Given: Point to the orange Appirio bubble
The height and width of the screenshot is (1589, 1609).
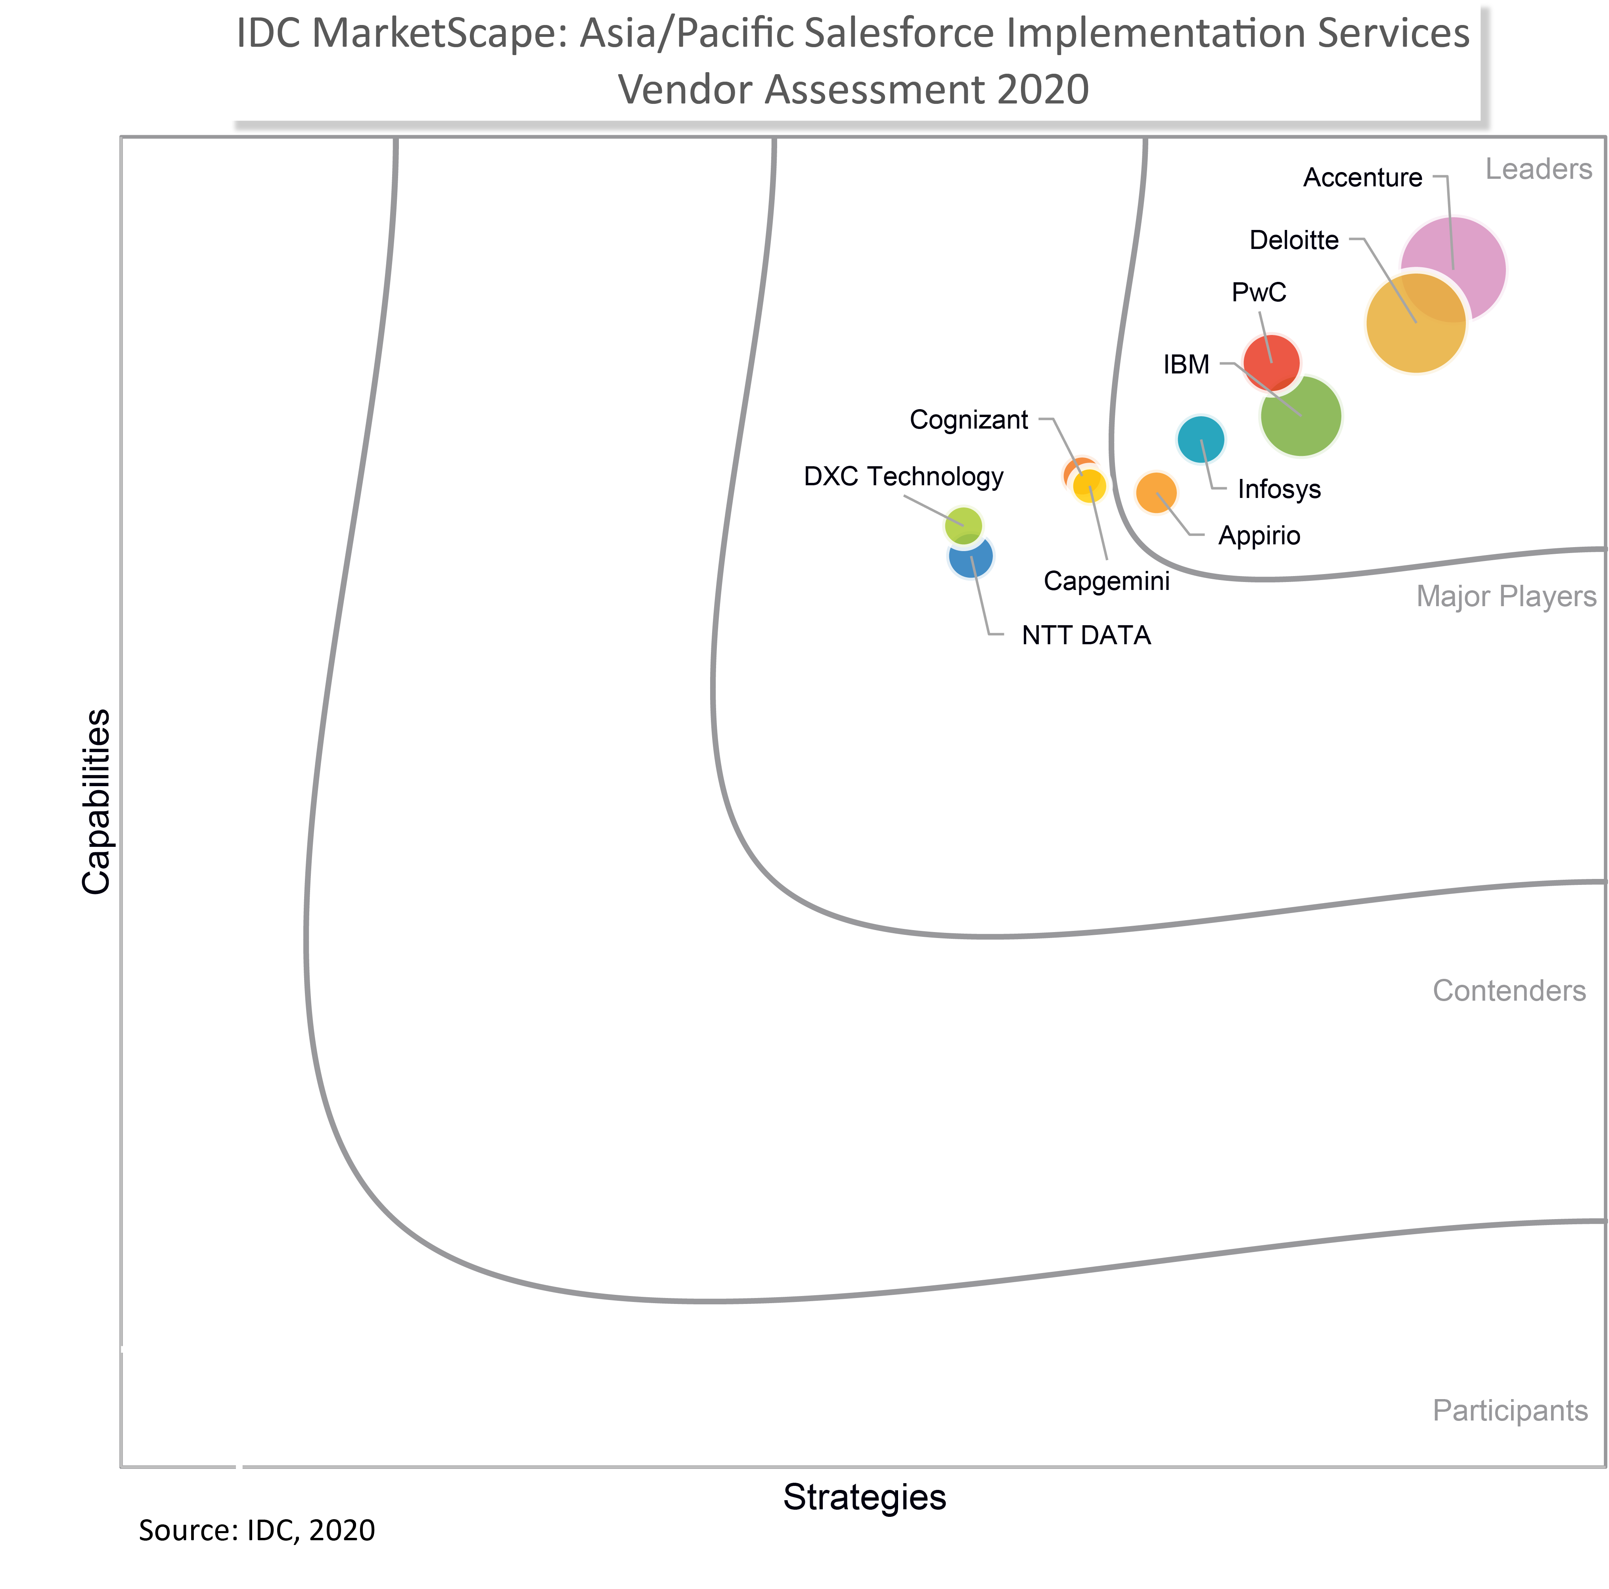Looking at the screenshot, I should coord(1156,492).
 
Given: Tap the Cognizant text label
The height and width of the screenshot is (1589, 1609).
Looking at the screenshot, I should coord(969,420).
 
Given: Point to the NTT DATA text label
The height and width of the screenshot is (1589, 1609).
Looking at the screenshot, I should coord(1086,636).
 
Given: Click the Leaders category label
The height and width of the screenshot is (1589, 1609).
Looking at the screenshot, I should coord(1538,170).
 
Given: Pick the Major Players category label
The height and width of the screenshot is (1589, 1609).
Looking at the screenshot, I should coord(1506,596).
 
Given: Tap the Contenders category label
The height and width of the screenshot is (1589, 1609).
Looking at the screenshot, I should coord(1508,990).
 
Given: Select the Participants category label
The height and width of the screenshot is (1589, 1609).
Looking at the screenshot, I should coord(1510,1410).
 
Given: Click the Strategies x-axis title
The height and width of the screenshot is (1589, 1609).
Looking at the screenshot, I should coord(864,1497).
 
